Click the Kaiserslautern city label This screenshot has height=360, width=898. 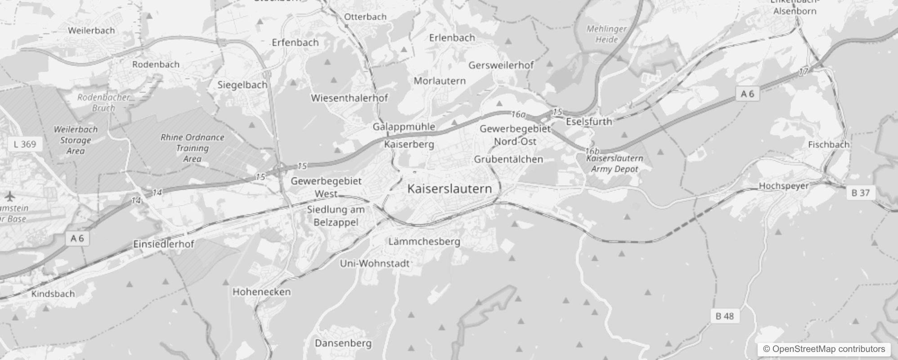[x=449, y=189]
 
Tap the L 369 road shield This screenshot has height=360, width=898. [x=25, y=144]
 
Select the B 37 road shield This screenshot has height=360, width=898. [x=860, y=193]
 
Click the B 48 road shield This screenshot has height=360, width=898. [x=724, y=316]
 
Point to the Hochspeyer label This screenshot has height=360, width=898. [x=783, y=186]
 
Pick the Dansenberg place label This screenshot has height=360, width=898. [x=343, y=343]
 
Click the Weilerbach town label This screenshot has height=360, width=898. [x=91, y=31]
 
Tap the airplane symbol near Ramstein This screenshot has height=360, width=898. [x=9, y=197]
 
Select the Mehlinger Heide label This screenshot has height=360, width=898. [x=606, y=34]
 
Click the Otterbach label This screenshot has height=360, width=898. [x=365, y=17]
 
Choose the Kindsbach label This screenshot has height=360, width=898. [x=53, y=294]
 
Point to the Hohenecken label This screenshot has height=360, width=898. [x=261, y=292]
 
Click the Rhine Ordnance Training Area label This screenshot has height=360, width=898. [x=192, y=148]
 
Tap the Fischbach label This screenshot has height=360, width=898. [x=829, y=145]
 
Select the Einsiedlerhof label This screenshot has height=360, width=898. [x=164, y=244]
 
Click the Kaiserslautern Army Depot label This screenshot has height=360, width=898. [x=615, y=164]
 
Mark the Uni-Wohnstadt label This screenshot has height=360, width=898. [x=374, y=263]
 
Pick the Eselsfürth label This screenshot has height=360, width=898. [x=589, y=121]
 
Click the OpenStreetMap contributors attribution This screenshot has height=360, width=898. [x=824, y=349]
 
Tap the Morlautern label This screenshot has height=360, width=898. [x=440, y=81]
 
